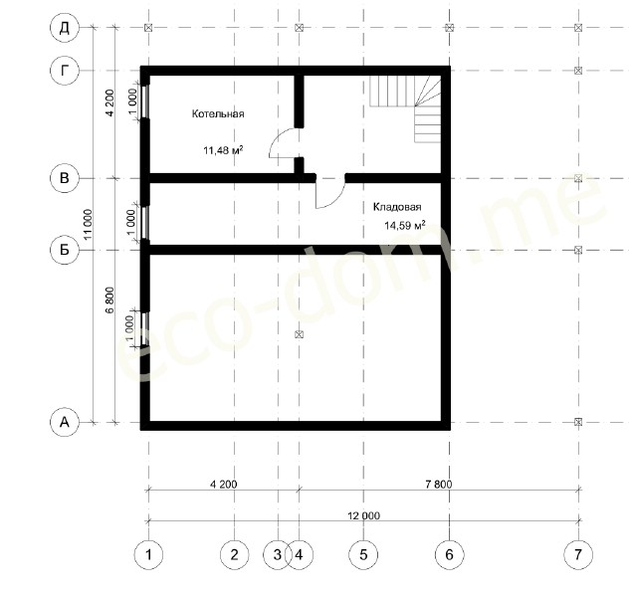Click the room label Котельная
click(x=218, y=113)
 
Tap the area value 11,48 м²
click(x=223, y=150)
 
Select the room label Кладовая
click(x=397, y=207)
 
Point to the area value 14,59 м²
click(x=405, y=226)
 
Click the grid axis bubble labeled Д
click(x=65, y=28)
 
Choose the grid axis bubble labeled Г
click(x=65, y=71)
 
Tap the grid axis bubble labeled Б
click(x=65, y=250)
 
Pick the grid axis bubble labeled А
click(x=65, y=422)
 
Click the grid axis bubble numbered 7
click(x=578, y=555)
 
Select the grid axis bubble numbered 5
click(x=363, y=555)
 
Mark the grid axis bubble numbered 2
click(x=235, y=555)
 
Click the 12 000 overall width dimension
click(x=363, y=515)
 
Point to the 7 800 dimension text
click(x=438, y=485)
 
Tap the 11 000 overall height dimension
click(x=88, y=225)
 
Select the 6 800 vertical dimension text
click(x=109, y=299)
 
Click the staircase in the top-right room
click(x=405, y=108)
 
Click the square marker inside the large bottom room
click(x=299, y=334)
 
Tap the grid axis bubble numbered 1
click(x=148, y=555)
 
